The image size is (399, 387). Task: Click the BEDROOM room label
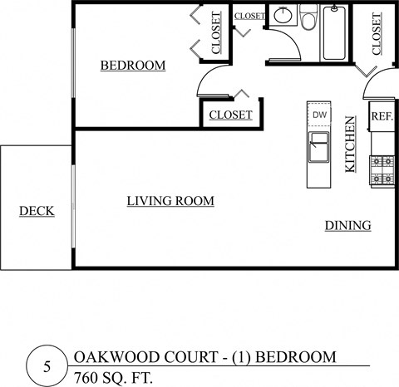(133, 66)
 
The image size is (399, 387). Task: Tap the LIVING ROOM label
(170, 201)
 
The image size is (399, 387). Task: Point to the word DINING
(347, 225)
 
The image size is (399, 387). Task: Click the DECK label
(37, 211)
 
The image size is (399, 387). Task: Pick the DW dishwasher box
(319, 115)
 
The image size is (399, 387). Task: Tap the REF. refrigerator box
(382, 116)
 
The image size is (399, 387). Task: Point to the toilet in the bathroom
(308, 19)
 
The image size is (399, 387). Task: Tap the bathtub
(334, 33)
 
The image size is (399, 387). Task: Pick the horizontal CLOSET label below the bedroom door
(230, 115)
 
